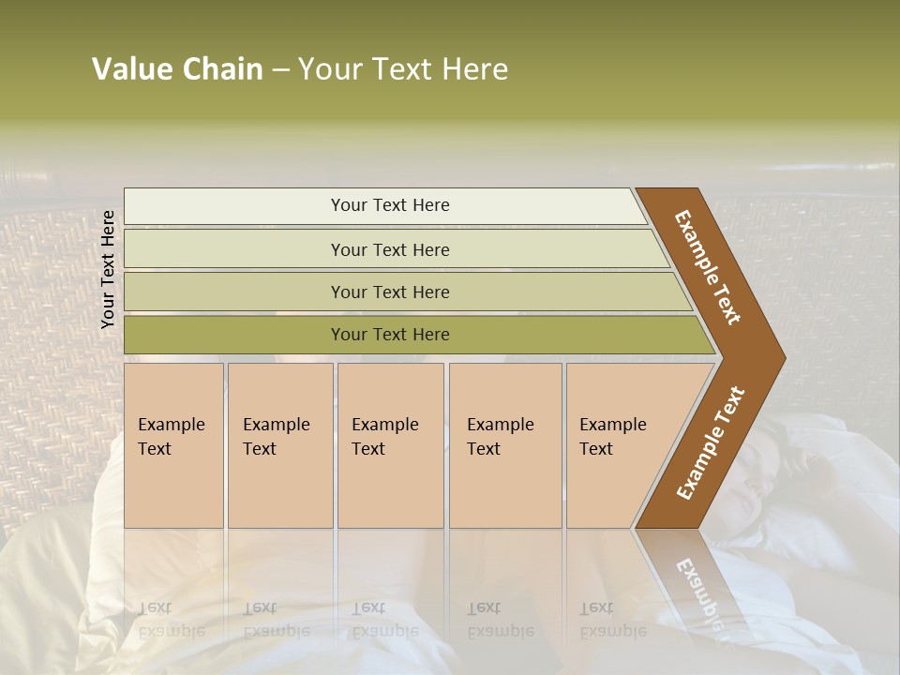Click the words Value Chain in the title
(x=177, y=69)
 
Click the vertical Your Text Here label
(x=108, y=269)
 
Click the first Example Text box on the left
(x=173, y=445)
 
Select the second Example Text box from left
(x=280, y=445)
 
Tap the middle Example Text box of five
(x=390, y=445)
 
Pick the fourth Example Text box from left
(x=505, y=445)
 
